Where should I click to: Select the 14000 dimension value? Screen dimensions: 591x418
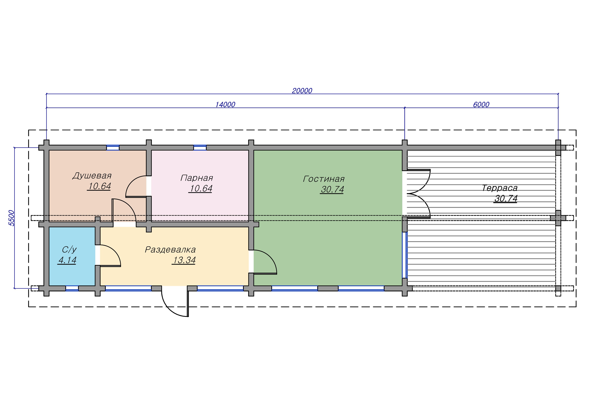pos(225,104)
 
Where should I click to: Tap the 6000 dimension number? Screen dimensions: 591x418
pos(481,104)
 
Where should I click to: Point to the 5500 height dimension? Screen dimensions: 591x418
pos(12,218)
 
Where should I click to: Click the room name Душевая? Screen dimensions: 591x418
pos(92,176)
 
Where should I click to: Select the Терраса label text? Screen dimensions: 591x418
pos(499,188)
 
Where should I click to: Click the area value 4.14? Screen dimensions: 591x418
pos(67,260)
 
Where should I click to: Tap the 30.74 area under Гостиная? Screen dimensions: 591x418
pos(332,189)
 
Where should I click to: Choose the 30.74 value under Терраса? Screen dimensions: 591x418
pos(506,199)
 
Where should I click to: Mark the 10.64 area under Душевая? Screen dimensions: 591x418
pos(99,186)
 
